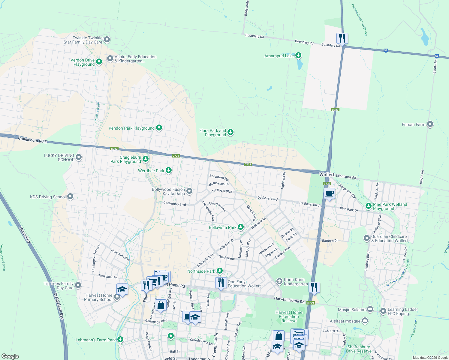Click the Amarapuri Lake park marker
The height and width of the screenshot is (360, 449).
coord(298,55)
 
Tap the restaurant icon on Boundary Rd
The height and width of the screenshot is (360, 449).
coord(342,38)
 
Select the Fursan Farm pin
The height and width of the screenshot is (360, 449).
coord(430,124)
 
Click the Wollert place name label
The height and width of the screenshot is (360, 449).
coord(327,175)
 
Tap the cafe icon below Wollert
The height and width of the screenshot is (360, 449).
coord(329,193)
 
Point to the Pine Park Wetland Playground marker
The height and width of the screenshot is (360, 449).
coord(369,206)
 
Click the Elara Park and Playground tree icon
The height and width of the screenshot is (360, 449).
coord(230,132)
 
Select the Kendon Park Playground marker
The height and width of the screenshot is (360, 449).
coord(159,128)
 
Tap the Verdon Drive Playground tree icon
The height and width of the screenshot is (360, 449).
coord(99,62)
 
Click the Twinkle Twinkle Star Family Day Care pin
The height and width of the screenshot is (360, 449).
coord(107,40)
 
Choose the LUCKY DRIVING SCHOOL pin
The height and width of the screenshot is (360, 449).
coord(79,157)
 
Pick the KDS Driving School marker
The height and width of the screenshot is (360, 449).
coord(70,197)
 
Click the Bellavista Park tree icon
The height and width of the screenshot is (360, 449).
coord(241,227)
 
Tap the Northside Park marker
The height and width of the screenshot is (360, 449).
coord(220,271)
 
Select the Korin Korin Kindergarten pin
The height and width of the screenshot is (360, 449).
coord(279,281)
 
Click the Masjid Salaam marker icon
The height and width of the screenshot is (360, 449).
coord(370,309)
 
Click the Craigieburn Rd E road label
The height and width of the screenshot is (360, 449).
coord(32,140)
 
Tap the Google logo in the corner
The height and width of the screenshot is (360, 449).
coord(10,356)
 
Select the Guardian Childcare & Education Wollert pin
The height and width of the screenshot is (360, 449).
coord(366,238)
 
